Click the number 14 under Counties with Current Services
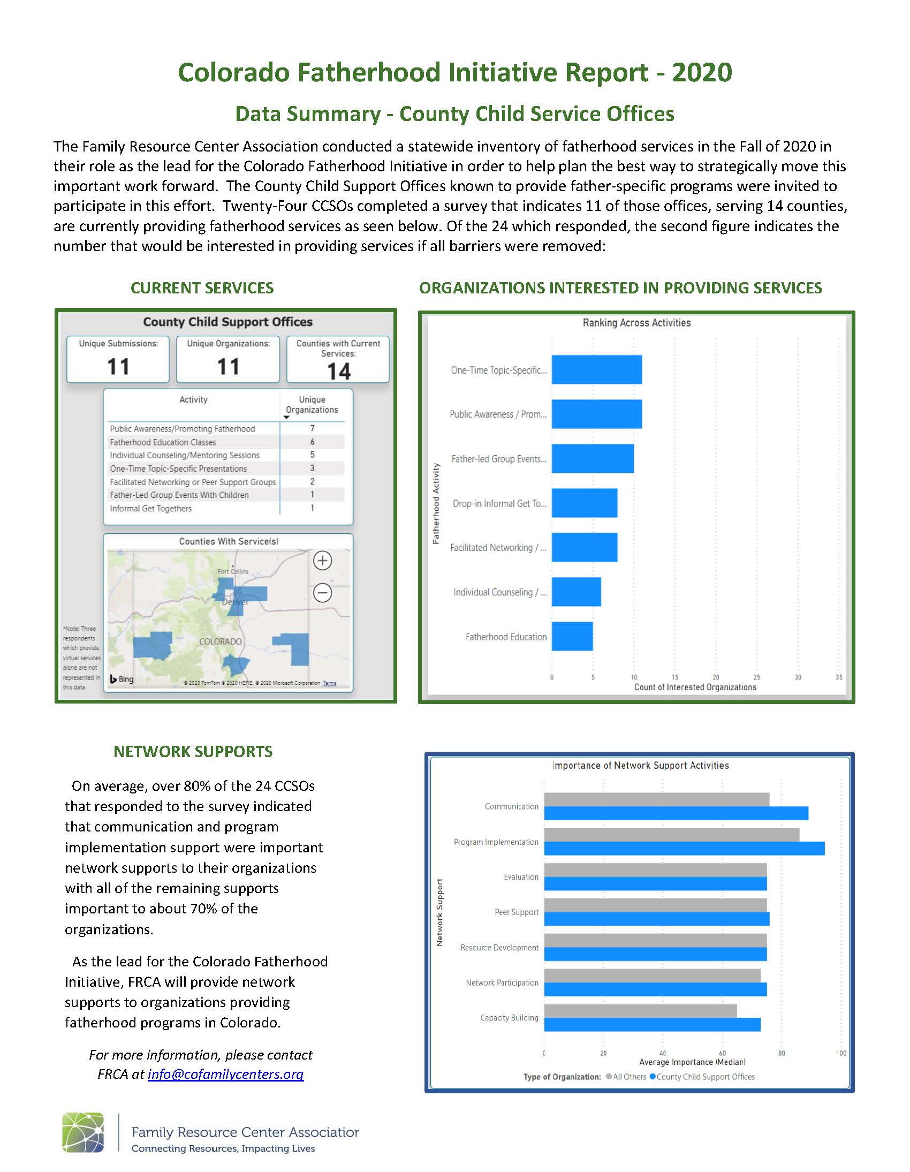point(338,372)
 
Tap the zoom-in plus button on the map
point(322,561)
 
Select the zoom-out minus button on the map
point(322,593)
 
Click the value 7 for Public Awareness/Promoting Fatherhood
point(312,428)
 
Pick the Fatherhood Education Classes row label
point(163,442)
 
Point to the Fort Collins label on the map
point(233,571)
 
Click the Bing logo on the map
point(122,679)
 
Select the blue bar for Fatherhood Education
point(572,637)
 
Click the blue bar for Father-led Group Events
point(593,458)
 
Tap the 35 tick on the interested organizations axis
point(839,677)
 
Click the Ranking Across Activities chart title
point(636,322)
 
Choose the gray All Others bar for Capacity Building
point(640,1010)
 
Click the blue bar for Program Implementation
point(684,849)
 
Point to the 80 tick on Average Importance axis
point(782,1053)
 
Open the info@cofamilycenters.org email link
point(225,1074)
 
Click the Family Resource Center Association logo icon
point(83,1132)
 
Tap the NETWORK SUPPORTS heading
point(193,751)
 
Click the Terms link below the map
point(329,683)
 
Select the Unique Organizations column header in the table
point(312,405)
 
